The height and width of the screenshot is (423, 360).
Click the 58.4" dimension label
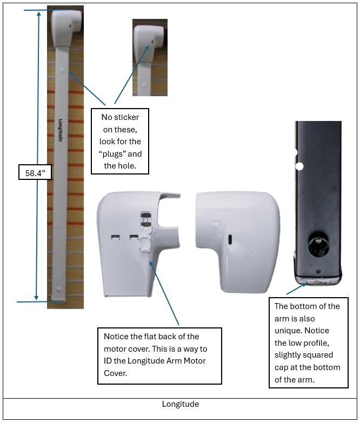click(x=35, y=173)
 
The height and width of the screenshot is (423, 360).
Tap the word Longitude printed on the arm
click(x=61, y=130)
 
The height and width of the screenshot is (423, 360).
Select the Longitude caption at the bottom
click(x=180, y=404)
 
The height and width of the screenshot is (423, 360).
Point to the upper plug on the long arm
click(x=62, y=70)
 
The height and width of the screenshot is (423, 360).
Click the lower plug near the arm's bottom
click(x=59, y=289)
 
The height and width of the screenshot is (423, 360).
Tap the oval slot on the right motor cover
click(x=230, y=239)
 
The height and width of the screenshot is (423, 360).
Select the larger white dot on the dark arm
click(x=299, y=166)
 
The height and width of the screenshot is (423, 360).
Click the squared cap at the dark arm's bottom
click(x=318, y=280)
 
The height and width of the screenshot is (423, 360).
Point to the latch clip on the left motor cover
click(x=146, y=231)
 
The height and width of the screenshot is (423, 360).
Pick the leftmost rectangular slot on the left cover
click(x=115, y=237)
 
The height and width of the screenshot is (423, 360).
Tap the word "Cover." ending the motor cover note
click(x=116, y=373)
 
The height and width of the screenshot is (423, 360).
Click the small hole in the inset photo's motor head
click(x=152, y=42)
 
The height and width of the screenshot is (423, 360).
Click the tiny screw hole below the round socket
click(x=318, y=271)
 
